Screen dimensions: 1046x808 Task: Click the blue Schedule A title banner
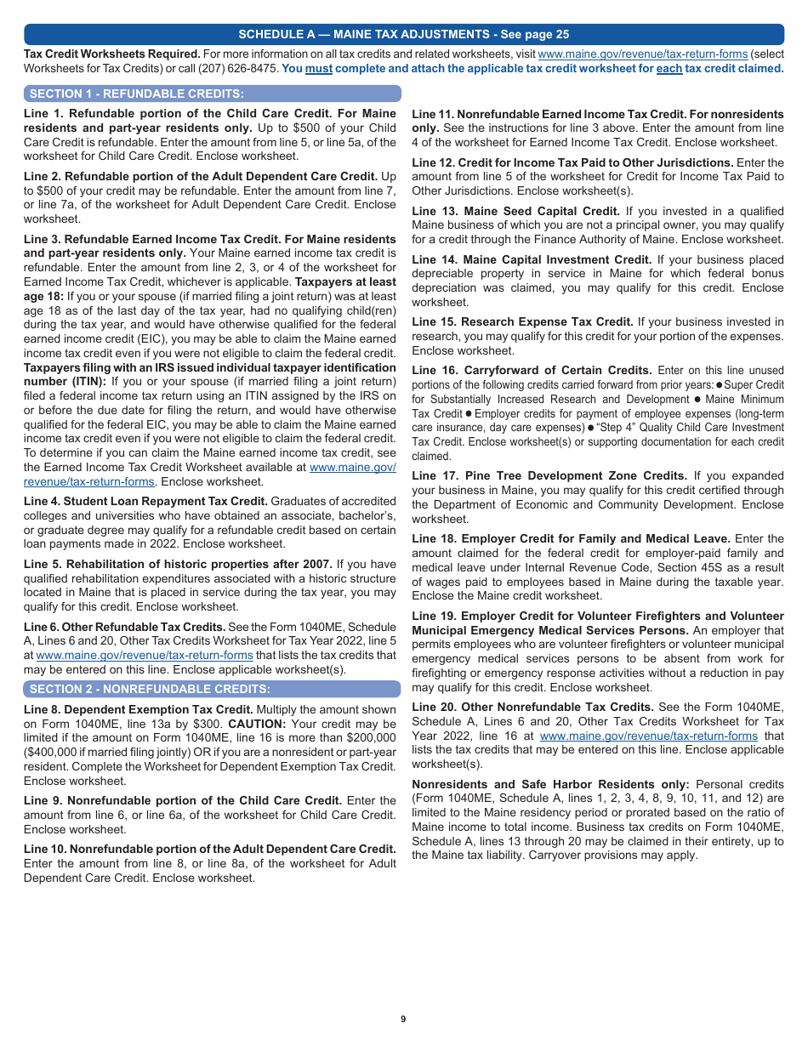(404, 34)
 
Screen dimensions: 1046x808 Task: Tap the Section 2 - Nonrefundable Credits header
(150, 689)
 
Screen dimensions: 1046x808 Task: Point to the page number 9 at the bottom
(403, 1019)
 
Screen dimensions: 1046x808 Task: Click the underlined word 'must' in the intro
(319, 69)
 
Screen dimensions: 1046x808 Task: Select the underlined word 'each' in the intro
(669, 69)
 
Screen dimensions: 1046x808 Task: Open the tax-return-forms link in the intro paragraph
(642, 54)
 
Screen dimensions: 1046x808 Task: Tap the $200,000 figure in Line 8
(367, 738)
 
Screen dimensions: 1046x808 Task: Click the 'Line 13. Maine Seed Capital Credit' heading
(515, 211)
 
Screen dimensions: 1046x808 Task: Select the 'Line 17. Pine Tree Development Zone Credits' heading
(549, 475)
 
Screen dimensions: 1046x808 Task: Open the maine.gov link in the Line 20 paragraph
(648, 736)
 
